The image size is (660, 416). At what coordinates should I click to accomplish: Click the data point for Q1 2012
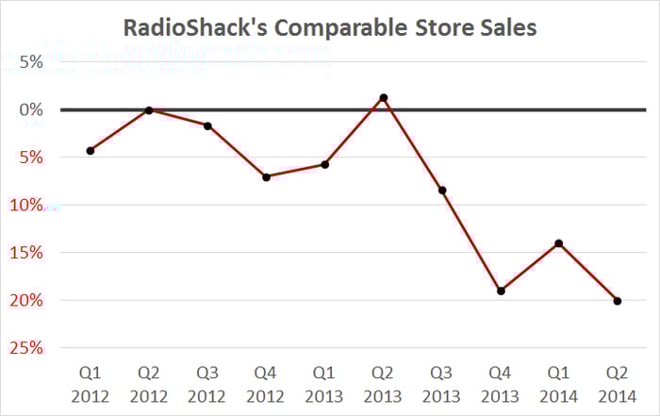click(x=90, y=150)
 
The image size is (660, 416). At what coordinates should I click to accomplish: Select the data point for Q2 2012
click(x=149, y=110)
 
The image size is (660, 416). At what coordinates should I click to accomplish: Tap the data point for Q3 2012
click(x=207, y=125)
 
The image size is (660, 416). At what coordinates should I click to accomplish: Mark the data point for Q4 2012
click(x=266, y=176)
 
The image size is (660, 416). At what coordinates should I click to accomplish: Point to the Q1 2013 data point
click(x=325, y=164)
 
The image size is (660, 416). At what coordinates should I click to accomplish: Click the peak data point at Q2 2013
click(x=384, y=97)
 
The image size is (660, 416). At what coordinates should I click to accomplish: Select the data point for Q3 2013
click(x=442, y=190)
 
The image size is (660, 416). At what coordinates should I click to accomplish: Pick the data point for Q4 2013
click(x=501, y=291)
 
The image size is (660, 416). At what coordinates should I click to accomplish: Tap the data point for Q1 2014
click(x=559, y=243)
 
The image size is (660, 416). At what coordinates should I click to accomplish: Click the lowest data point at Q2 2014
click(x=618, y=301)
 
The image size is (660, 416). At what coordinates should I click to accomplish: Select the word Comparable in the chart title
click(x=326, y=28)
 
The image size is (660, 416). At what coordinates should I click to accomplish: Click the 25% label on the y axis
click(x=27, y=348)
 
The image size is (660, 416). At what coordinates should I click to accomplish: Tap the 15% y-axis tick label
click(x=27, y=253)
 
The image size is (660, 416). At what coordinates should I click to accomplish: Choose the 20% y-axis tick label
click(x=27, y=300)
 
